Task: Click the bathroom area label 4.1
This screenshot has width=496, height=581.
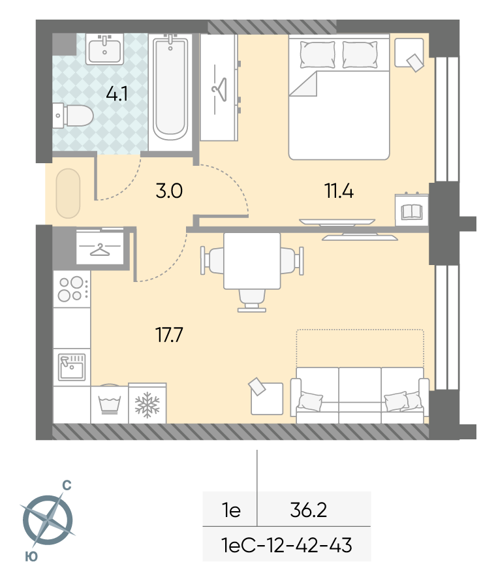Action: pos(117,94)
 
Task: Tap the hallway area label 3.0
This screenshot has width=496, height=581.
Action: pos(169,191)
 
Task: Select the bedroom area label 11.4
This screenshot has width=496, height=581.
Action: pos(339,191)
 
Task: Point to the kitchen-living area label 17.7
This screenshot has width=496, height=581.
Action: pos(169,335)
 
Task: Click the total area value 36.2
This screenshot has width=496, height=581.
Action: pos(309,510)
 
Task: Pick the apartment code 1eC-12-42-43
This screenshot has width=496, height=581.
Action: pos(287,545)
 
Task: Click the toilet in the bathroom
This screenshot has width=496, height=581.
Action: pos(72,116)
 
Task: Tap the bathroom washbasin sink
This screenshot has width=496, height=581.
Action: pos(105,49)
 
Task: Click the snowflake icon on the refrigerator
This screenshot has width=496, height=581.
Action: pos(147,405)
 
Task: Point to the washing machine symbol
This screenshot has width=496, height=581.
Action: pos(109,405)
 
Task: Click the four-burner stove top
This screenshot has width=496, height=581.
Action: pos(72,289)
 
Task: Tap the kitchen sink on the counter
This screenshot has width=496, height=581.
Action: pos(72,367)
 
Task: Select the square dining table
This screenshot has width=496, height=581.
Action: pos(252,261)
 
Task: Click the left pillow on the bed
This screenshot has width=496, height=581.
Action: pos(317,54)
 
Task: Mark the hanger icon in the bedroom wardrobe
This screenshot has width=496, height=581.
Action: pos(219,89)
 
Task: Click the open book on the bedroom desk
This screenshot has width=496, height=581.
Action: pos(412,212)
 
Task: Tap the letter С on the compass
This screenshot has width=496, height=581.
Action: pos(67,485)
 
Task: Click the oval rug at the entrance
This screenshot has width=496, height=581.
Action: pos(68,193)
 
